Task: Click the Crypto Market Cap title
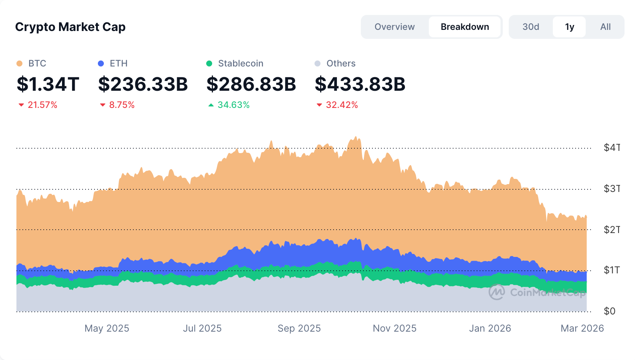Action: coord(70,27)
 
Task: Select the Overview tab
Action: coord(394,27)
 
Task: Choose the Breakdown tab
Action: coord(465,27)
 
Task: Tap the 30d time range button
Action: coord(530,27)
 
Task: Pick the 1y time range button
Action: coord(569,27)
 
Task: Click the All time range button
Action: coord(605,27)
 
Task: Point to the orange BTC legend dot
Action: coord(19,63)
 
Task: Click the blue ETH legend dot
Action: coord(101,63)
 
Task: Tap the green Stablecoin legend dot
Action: coord(209,63)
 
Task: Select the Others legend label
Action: coord(341,63)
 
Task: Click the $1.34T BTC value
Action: coord(48,84)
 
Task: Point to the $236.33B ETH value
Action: coord(143,84)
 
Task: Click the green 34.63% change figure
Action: coord(233,105)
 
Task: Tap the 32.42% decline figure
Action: coord(342,105)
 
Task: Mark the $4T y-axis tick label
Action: coord(611,148)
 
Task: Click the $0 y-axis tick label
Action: coord(609,311)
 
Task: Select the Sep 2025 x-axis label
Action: coord(299,328)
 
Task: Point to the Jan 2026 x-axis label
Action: coord(490,328)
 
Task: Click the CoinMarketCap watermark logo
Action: coord(497,292)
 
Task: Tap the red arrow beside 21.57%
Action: coord(21,105)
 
